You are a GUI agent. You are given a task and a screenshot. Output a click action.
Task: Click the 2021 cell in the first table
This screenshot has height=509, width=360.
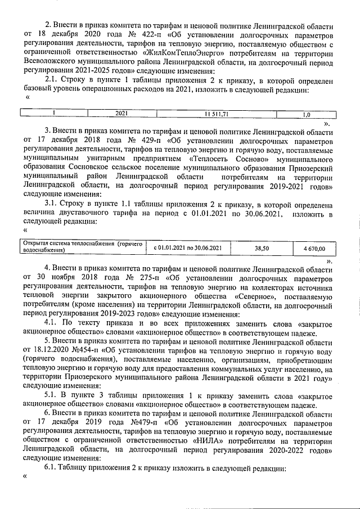tap(120, 113)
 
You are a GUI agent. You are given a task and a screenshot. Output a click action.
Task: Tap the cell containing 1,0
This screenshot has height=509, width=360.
tap(306, 113)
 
